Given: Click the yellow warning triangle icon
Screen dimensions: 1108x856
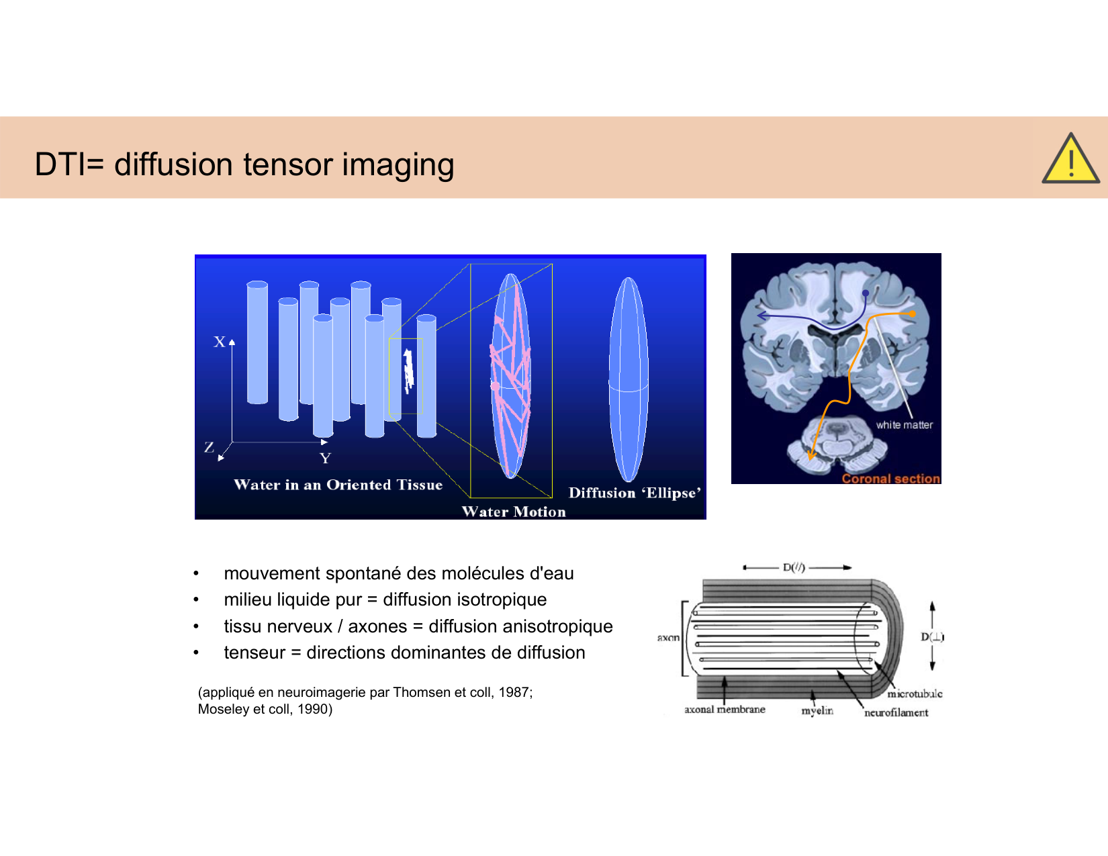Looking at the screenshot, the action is (1071, 159).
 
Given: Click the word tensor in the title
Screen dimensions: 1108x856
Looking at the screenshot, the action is (287, 164).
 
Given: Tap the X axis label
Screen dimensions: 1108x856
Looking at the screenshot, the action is (220, 342).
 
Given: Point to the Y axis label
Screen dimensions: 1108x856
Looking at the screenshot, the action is (325, 459).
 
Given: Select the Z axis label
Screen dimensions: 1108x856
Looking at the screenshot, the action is (209, 447).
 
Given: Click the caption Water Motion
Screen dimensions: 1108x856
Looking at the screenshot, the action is (514, 512).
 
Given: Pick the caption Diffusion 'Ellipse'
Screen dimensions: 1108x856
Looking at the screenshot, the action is (635, 493).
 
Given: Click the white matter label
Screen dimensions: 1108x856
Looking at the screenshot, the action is (904, 425).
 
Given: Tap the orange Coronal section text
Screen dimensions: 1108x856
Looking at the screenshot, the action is (891, 478).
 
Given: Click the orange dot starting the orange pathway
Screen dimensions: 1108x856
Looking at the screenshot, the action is (912, 314).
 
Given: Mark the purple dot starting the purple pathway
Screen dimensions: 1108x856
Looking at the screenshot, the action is (866, 293).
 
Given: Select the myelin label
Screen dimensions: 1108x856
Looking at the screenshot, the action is (817, 711).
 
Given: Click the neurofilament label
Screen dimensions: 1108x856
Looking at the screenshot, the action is (896, 712).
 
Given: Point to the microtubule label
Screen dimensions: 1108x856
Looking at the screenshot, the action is (915, 694).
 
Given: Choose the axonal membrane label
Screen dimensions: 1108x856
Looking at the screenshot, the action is (725, 709).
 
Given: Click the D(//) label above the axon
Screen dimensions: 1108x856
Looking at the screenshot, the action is (794, 567).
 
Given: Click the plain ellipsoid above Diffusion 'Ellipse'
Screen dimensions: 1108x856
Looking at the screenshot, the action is (628, 379).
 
